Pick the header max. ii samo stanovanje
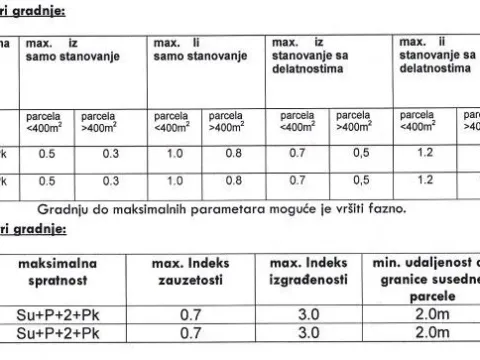click(x=191, y=51)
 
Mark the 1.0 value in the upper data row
click(x=176, y=155)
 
